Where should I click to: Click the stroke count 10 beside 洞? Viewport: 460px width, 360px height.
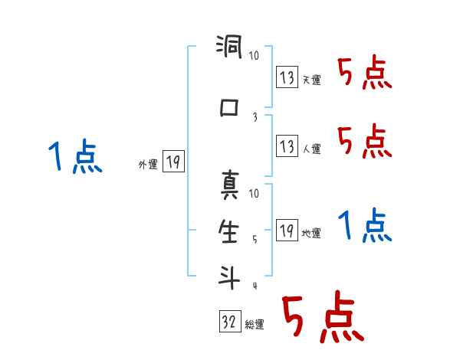point(255,56)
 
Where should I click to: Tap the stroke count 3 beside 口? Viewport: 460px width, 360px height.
point(254,116)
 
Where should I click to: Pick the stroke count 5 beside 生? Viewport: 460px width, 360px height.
point(255,239)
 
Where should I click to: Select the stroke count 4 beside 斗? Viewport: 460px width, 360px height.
point(255,286)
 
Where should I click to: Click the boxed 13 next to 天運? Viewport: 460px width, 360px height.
point(287,77)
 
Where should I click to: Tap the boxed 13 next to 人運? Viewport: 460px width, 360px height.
point(287,146)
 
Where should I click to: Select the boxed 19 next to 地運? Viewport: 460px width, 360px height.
point(287,231)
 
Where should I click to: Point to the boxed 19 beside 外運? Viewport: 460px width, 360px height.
point(173,162)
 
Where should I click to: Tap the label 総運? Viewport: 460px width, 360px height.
point(255,325)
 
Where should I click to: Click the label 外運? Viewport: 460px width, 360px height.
point(147,164)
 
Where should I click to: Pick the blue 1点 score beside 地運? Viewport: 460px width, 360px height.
point(364,225)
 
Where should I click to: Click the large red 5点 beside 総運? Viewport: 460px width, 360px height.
point(322,319)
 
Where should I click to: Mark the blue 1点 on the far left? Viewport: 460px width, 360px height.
point(74,159)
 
